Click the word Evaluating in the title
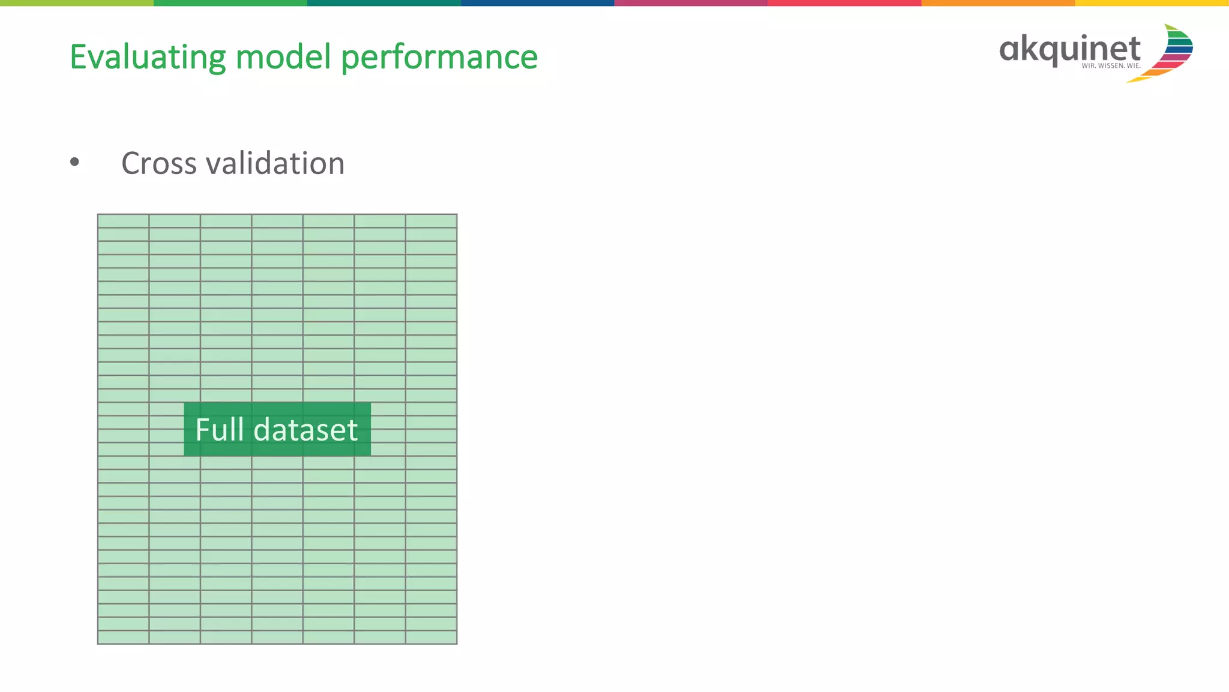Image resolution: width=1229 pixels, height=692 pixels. pyautogui.click(x=148, y=58)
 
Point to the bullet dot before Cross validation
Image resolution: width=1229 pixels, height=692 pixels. pyautogui.click(x=74, y=162)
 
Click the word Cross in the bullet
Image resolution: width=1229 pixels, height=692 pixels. pyautogui.click(x=159, y=163)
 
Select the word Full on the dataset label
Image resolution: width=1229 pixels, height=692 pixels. pyautogui.click(x=220, y=430)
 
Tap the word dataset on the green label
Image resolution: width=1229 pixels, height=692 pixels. pyautogui.click(x=305, y=430)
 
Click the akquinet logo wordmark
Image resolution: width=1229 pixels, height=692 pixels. pyautogui.click(x=1069, y=49)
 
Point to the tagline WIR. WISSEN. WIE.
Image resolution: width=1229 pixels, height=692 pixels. pyautogui.click(x=1111, y=66)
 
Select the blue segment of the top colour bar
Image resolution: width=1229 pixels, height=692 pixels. pyautogui.click(x=537, y=3)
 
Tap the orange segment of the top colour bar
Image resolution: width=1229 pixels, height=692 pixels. pyautogui.click(x=998, y=3)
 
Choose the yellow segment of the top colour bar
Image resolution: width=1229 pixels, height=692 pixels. pyautogui.click(x=1152, y=3)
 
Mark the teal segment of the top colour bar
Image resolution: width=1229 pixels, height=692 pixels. pyautogui.click(x=383, y=3)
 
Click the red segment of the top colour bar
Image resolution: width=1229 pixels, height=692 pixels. pyautogui.click(x=844, y=3)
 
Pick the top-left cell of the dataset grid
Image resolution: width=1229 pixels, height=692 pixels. pyautogui.click(x=124, y=221)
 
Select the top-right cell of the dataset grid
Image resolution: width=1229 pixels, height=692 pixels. pyautogui.click(x=431, y=221)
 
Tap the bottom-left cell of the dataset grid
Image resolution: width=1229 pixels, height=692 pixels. pyautogui.click(x=124, y=637)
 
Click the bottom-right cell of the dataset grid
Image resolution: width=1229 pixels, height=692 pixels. pyautogui.click(x=431, y=637)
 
